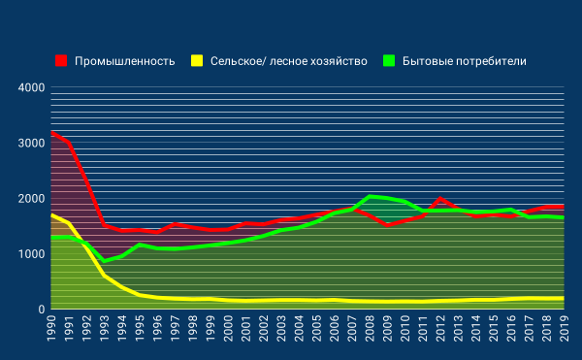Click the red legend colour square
pyautogui.click(x=62, y=61)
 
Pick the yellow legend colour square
pyautogui.click(x=197, y=61)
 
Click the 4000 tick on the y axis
pyautogui.click(x=32, y=88)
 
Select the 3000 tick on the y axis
pyautogui.click(x=32, y=144)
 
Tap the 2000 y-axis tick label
pyautogui.click(x=32, y=199)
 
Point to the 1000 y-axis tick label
pyautogui.click(x=32, y=254)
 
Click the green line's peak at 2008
pyautogui.click(x=370, y=196)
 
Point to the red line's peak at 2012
pyautogui.click(x=440, y=199)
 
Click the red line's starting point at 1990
pyautogui.click(x=51, y=133)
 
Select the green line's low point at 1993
pyautogui.click(x=105, y=261)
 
